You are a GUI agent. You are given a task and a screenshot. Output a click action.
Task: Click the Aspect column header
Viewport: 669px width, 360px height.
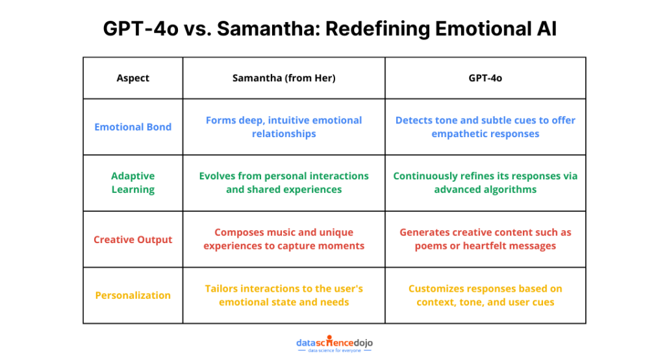(133, 78)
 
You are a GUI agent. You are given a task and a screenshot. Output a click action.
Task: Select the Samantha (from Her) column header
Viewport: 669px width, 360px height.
(284, 78)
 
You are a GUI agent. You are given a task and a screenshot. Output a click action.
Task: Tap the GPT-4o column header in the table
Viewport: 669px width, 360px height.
(485, 78)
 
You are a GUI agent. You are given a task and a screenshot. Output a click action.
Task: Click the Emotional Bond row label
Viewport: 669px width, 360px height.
(133, 127)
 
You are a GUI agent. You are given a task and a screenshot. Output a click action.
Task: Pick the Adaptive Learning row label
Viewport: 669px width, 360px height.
(133, 183)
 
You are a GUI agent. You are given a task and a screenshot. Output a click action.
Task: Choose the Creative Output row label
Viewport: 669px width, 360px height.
(133, 240)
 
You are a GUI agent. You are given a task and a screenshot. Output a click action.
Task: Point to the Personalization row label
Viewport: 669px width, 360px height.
(133, 296)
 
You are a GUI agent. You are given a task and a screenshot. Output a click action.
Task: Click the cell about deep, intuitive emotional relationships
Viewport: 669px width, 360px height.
(284, 127)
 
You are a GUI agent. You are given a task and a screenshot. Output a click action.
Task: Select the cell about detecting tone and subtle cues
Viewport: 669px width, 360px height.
(485, 127)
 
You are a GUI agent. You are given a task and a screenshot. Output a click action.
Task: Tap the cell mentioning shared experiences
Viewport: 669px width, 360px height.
(284, 183)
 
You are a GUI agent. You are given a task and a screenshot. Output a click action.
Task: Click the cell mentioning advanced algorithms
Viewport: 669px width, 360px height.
(485, 183)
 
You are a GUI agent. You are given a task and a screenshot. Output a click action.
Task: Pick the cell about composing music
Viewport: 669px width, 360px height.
(284, 239)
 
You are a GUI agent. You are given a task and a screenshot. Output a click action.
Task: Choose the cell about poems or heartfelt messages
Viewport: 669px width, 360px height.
(485, 239)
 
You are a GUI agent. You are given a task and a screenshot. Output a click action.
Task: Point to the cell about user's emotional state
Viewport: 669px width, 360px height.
(284, 296)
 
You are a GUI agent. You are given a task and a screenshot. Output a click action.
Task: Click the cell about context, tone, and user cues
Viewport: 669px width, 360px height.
(485, 296)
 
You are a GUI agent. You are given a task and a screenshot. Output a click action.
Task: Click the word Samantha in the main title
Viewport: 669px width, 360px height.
(268, 29)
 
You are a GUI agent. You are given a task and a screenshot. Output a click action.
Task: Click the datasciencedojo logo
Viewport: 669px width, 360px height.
(334, 343)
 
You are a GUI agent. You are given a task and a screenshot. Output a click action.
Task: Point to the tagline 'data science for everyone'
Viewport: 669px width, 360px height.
(334, 351)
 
